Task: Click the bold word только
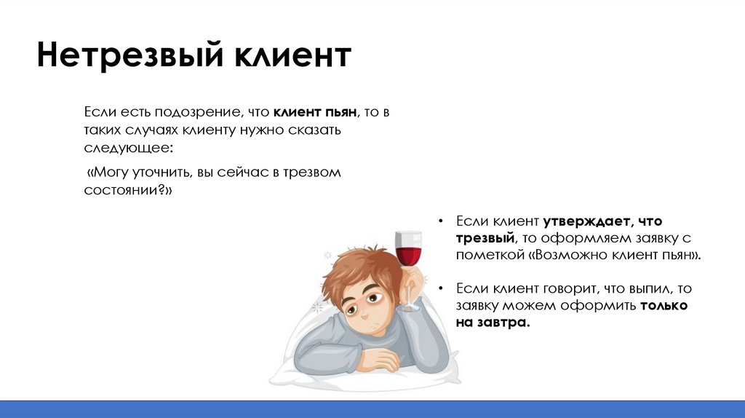(x=664, y=306)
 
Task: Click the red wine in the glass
(x=407, y=255)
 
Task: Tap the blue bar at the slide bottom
(x=372, y=409)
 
